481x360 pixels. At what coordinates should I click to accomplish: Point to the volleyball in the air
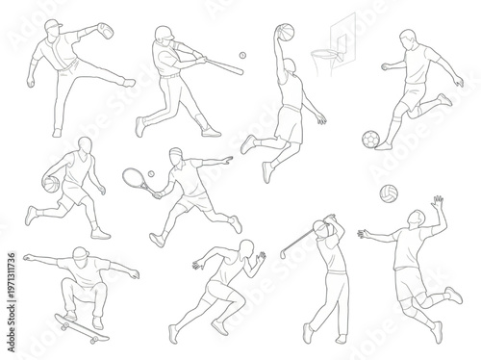388,191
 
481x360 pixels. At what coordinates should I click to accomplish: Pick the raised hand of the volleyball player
439,200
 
